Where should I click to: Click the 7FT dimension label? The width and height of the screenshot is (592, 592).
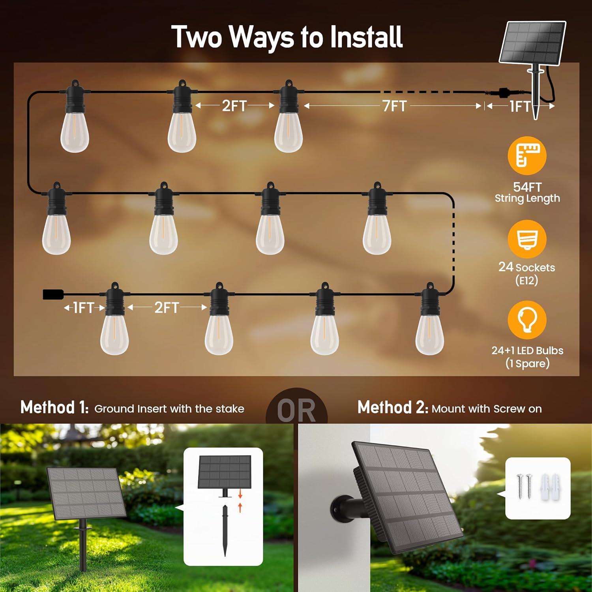point(394,106)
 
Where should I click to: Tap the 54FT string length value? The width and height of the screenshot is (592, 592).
point(527,187)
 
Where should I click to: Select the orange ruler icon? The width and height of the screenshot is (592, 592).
point(527,155)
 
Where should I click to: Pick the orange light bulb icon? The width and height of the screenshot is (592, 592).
point(527,320)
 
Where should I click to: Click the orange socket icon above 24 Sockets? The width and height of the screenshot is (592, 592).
point(527,239)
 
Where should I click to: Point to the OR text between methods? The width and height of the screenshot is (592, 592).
point(296,411)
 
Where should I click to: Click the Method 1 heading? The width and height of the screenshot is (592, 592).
point(54,407)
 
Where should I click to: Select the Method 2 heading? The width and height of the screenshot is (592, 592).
point(392,407)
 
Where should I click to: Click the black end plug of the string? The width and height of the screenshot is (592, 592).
point(53,294)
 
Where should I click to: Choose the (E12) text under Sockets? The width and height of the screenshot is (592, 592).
point(526,281)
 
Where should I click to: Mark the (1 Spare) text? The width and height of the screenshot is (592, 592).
point(527,363)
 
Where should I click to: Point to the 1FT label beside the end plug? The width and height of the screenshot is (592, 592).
point(84,307)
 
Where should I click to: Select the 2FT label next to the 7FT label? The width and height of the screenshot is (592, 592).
point(234,106)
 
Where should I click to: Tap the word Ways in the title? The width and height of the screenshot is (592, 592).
point(262,37)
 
